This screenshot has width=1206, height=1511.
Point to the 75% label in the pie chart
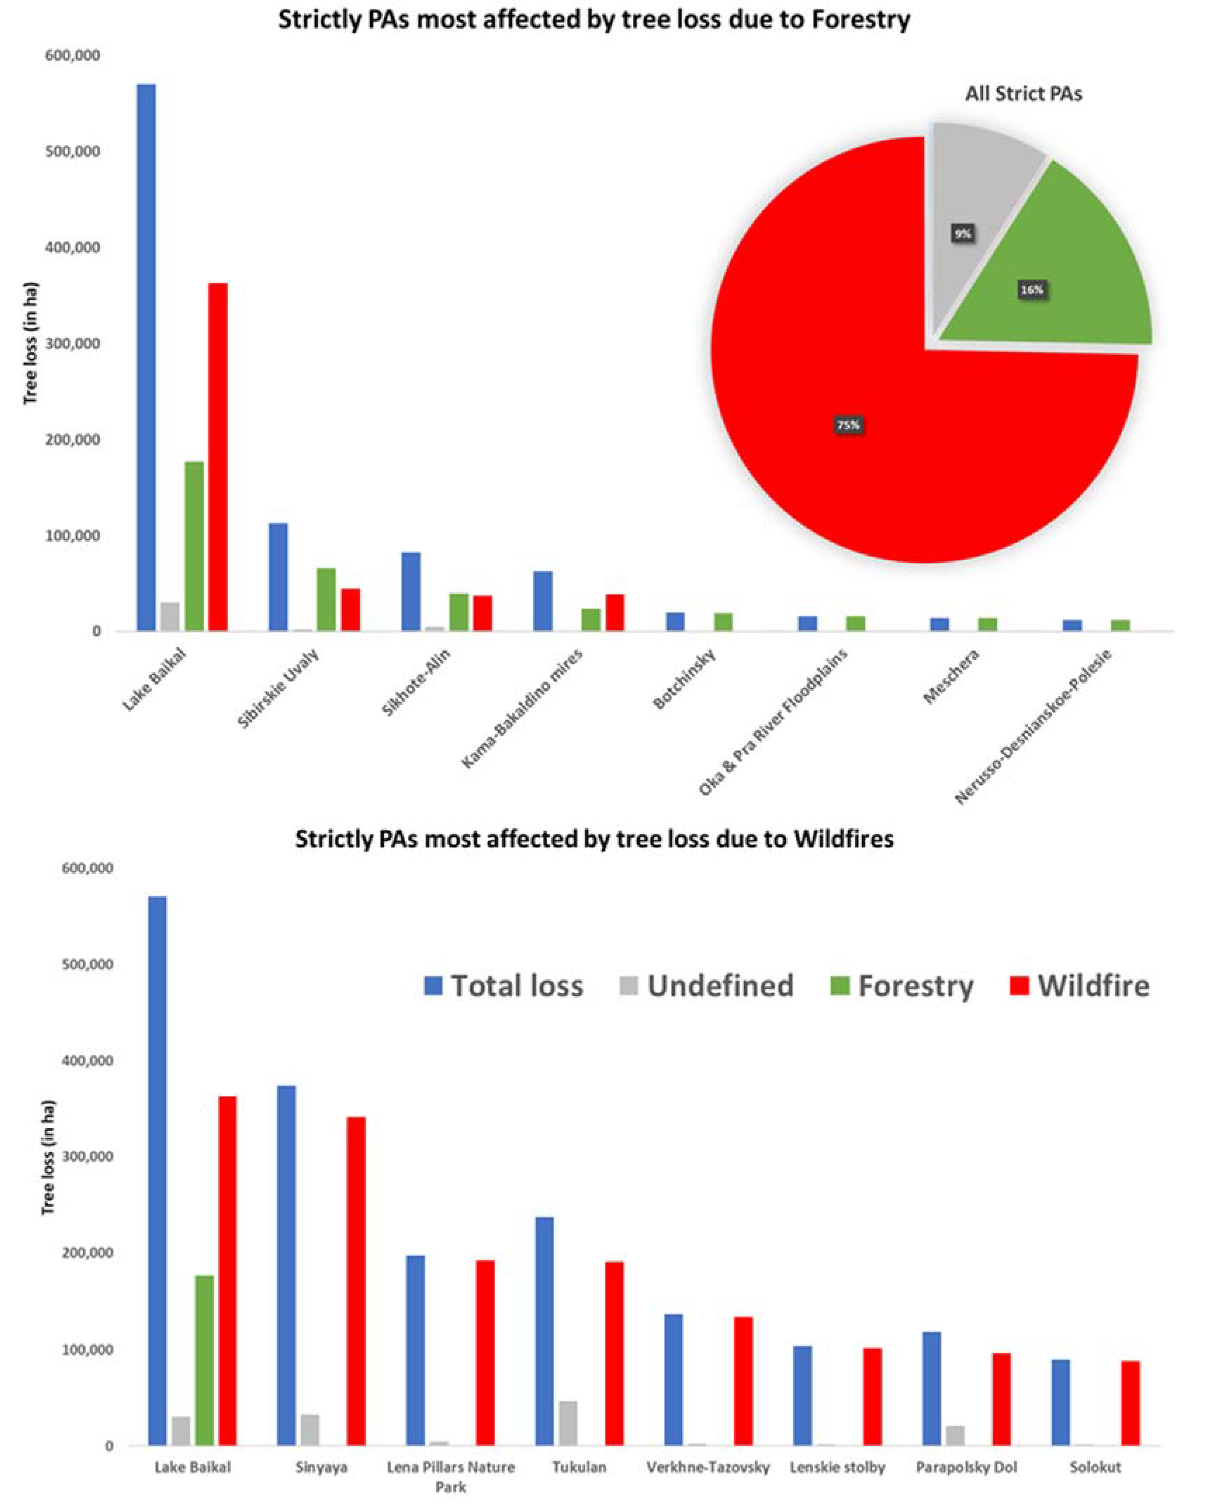click(848, 425)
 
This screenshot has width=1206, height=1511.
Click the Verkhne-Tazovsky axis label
click(708, 1467)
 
